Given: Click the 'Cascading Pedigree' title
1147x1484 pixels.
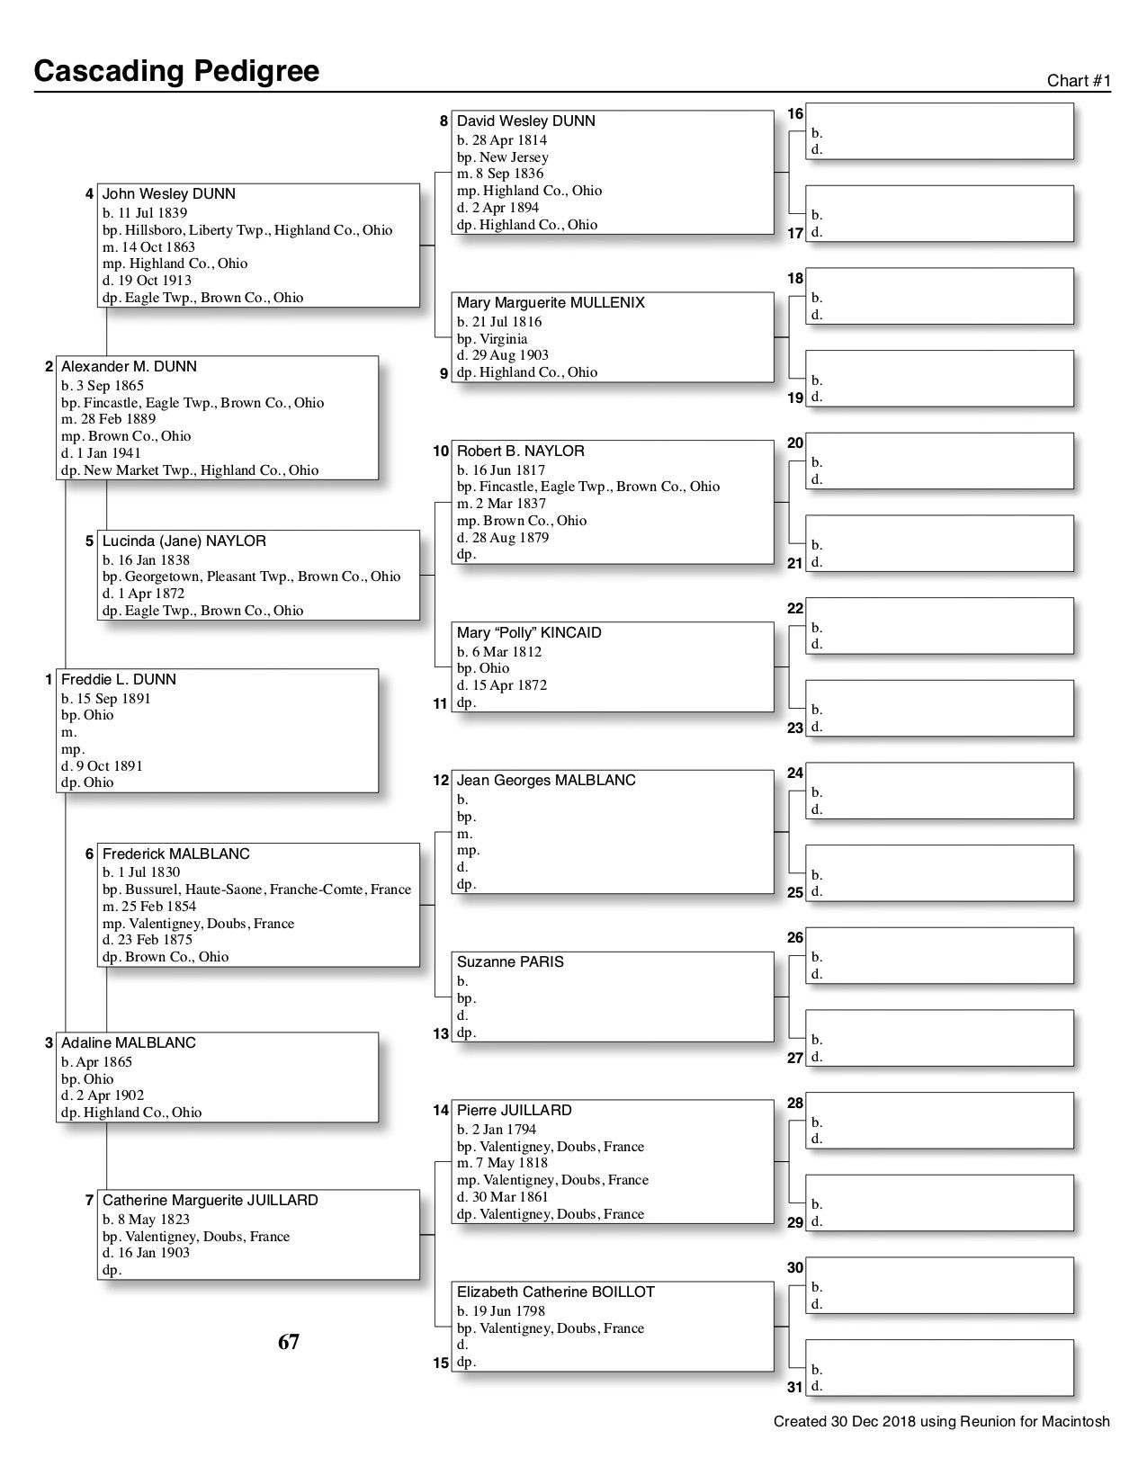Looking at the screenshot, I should click(x=176, y=71).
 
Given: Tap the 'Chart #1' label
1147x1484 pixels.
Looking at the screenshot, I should click(x=1079, y=81).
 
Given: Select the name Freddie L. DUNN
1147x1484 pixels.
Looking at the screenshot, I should click(x=119, y=680).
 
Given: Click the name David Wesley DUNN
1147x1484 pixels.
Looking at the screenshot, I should click(x=526, y=121).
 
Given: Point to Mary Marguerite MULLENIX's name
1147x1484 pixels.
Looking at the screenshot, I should click(x=551, y=303).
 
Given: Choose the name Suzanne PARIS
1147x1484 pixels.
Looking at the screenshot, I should click(x=510, y=962).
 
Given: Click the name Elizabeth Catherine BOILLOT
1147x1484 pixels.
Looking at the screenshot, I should click(x=556, y=1292).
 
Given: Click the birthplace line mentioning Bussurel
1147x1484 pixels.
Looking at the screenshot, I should click(x=256, y=890).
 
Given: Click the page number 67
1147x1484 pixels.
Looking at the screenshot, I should click(x=289, y=1343).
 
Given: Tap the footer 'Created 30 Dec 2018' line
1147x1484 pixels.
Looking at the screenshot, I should click(x=941, y=1422).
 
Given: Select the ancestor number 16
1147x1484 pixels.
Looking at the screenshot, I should click(x=795, y=114).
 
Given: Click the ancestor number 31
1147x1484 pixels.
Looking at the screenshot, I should click(x=795, y=1387).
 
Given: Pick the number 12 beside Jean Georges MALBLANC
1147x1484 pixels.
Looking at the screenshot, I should click(x=441, y=781).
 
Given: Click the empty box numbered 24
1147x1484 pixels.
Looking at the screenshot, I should click(x=939, y=791).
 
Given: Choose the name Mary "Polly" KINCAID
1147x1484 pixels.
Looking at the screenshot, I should click(x=529, y=633).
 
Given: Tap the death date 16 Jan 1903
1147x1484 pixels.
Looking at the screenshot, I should click(x=146, y=1253).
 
